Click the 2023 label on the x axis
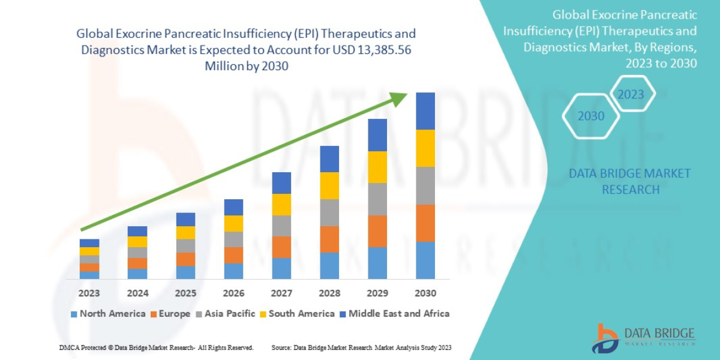(89, 293)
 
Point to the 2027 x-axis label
(281, 293)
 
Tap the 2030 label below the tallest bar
(425, 293)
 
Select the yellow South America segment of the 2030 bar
(425, 148)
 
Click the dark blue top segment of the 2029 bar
(377, 135)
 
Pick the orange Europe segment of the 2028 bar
(329, 239)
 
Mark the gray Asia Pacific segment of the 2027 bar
(281, 226)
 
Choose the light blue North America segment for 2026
(233, 271)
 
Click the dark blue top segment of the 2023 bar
(89, 243)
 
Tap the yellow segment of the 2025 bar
(185, 233)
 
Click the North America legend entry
(108, 314)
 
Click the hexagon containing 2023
(631, 95)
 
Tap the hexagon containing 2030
(591, 116)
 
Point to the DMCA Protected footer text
(156, 348)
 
